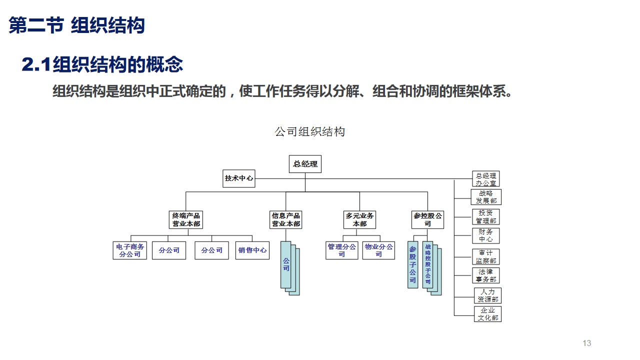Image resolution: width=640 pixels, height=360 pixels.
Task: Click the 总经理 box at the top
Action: point(305,164)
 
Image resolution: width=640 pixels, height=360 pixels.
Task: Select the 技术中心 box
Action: point(239,178)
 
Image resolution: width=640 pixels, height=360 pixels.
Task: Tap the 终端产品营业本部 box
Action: point(186,219)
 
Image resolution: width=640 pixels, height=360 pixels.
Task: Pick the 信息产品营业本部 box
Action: point(286,219)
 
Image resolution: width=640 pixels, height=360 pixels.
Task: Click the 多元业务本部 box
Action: point(359,219)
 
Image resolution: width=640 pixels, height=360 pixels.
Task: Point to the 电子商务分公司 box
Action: point(130,250)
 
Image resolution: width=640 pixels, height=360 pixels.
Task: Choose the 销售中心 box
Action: point(252,250)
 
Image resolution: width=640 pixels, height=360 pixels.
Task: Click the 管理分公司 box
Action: point(342,250)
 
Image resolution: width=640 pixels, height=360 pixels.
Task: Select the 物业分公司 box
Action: point(378,250)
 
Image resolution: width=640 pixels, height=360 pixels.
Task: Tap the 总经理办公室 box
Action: point(485,179)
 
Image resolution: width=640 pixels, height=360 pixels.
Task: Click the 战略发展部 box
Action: point(486,197)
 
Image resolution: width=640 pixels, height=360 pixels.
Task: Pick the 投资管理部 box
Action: point(486,216)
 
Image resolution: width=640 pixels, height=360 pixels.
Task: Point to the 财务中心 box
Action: point(486,235)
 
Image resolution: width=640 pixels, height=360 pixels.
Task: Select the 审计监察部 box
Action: point(486,256)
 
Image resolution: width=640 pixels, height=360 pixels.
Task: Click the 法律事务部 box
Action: point(486,275)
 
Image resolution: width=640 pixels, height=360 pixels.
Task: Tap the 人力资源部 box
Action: point(487,295)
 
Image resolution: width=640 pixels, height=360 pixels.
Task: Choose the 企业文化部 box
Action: point(487,314)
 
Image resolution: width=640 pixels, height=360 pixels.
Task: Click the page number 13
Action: point(587,343)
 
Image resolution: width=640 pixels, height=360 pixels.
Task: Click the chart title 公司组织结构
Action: point(310,132)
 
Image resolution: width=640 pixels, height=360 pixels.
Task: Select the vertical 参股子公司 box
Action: point(412,264)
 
